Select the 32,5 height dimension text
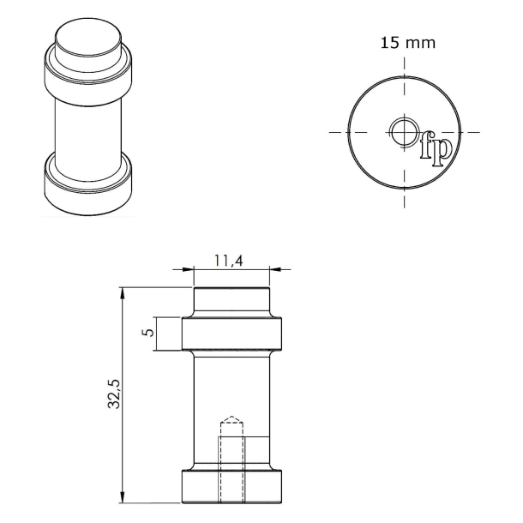tap(112, 395)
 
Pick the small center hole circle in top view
tap(403, 132)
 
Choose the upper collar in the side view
tap(231, 334)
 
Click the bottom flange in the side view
tap(231, 487)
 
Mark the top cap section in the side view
tap(231, 303)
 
